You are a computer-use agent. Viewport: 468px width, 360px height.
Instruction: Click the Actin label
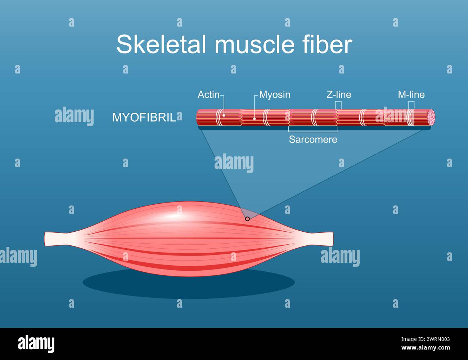208,94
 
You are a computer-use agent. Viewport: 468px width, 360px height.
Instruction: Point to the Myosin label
275,94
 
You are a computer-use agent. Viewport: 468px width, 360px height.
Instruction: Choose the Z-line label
339,94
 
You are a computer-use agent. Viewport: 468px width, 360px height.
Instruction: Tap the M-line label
411,94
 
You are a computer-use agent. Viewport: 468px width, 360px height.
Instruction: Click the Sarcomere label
313,139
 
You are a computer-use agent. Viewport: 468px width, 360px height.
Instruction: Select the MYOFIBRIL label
144,117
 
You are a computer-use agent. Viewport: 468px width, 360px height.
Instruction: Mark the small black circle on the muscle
247,219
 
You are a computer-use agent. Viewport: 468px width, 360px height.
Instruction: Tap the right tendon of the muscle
321,238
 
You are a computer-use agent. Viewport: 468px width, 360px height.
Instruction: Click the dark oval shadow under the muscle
189,285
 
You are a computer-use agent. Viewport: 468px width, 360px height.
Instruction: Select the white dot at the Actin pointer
224,115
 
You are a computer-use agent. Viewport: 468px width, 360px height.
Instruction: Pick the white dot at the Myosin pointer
255,118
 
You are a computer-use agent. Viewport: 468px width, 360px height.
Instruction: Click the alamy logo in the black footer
36,343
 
